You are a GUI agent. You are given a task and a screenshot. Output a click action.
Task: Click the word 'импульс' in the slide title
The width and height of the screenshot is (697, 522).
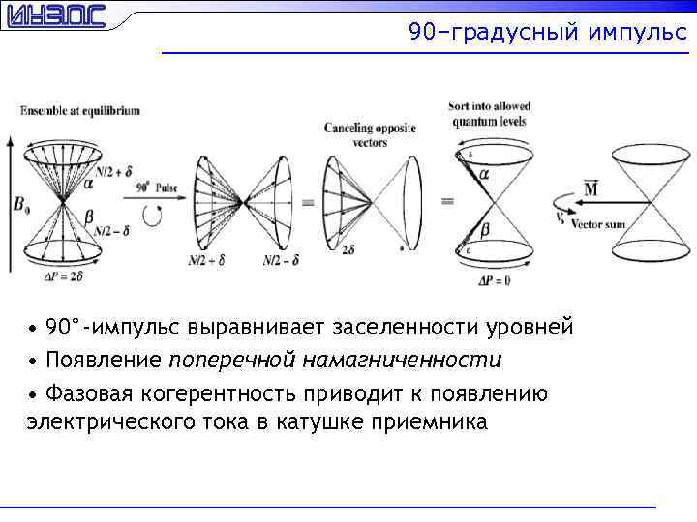[x=636, y=33]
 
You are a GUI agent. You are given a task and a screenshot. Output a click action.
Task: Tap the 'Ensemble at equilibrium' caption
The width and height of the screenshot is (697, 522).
[x=80, y=111]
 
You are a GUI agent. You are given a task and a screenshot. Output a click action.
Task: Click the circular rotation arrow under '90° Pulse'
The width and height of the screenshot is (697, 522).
[x=152, y=217]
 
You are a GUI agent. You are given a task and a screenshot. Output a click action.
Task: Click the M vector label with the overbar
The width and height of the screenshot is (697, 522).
[x=590, y=188]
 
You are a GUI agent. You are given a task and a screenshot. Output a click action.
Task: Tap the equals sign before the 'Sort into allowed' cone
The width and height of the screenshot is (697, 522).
[x=446, y=201]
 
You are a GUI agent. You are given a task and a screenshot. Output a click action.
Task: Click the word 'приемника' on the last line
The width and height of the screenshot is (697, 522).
[x=435, y=422]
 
